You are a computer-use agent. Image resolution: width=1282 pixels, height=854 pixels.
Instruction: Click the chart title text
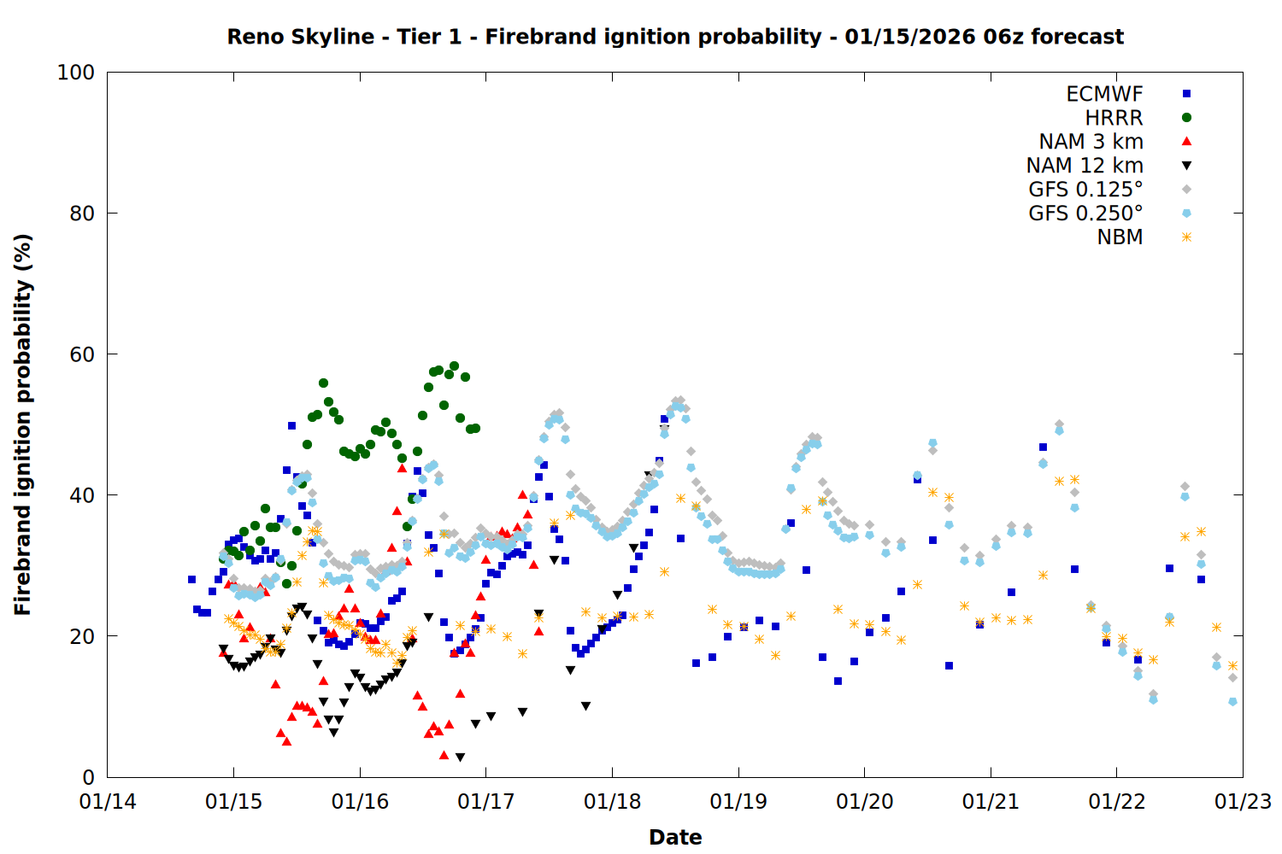pyautogui.click(x=675, y=37)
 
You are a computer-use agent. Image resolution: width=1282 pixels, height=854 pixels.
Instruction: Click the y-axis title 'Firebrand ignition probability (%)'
pyautogui.click(x=22, y=424)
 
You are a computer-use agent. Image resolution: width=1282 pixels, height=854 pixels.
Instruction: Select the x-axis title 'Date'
pyautogui.click(x=675, y=837)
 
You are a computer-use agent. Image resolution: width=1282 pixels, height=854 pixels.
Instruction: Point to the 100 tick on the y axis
pyautogui.click(x=76, y=73)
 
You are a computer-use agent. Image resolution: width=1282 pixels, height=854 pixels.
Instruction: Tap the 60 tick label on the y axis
pyautogui.click(x=82, y=354)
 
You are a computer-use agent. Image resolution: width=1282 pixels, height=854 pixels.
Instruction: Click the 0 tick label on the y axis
pyautogui.click(x=88, y=777)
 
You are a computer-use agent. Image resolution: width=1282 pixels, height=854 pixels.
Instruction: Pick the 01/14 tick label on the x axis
pyautogui.click(x=108, y=802)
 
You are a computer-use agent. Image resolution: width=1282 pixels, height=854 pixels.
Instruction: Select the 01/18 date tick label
pyautogui.click(x=612, y=802)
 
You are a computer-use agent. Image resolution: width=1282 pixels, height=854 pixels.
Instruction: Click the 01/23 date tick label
pyautogui.click(x=1243, y=802)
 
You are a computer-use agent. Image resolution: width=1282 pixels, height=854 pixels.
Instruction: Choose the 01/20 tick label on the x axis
pyautogui.click(x=864, y=802)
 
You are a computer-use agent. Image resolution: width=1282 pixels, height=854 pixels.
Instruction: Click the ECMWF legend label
pyautogui.click(x=1104, y=94)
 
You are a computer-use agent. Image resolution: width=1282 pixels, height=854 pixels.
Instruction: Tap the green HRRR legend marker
pyautogui.click(x=1186, y=118)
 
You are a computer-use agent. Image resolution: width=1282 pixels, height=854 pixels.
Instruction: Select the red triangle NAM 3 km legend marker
pyautogui.click(x=1186, y=141)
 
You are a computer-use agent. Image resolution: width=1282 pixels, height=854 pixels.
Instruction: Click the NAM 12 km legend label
pyautogui.click(x=1085, y=166)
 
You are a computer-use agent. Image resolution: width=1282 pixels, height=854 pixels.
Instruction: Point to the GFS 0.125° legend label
pyautogui.click(x=1085, y=190)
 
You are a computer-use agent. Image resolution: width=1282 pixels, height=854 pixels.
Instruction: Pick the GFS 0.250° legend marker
pyautogui.click(x=1186, y=213)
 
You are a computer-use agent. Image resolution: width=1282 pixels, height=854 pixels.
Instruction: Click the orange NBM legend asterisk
pyautogui.click(x=1186, y=237)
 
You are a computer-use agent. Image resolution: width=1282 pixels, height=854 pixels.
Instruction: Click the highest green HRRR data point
pyautogui.click(x=454, y=366)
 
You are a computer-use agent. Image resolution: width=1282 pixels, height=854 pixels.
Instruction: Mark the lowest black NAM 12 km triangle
pyautogui.click(x=460, y=757)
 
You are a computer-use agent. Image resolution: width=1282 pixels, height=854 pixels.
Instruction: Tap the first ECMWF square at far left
pyautogui.click(x=191, y=579)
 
